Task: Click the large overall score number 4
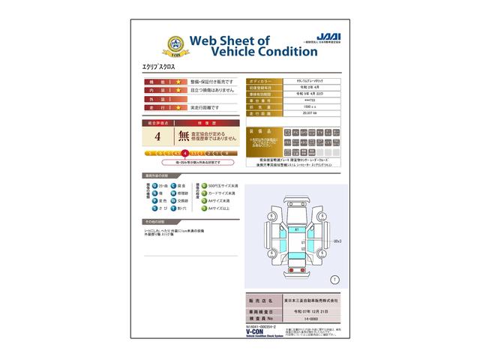tap(157, 136)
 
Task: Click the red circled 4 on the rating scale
tap(184, 153)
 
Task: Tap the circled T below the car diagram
tap(334, 279)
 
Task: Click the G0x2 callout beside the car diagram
tap(337, 241)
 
